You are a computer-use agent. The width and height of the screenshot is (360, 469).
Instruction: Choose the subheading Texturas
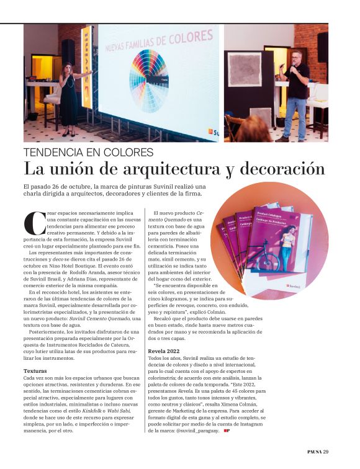(x=37, y=370)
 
